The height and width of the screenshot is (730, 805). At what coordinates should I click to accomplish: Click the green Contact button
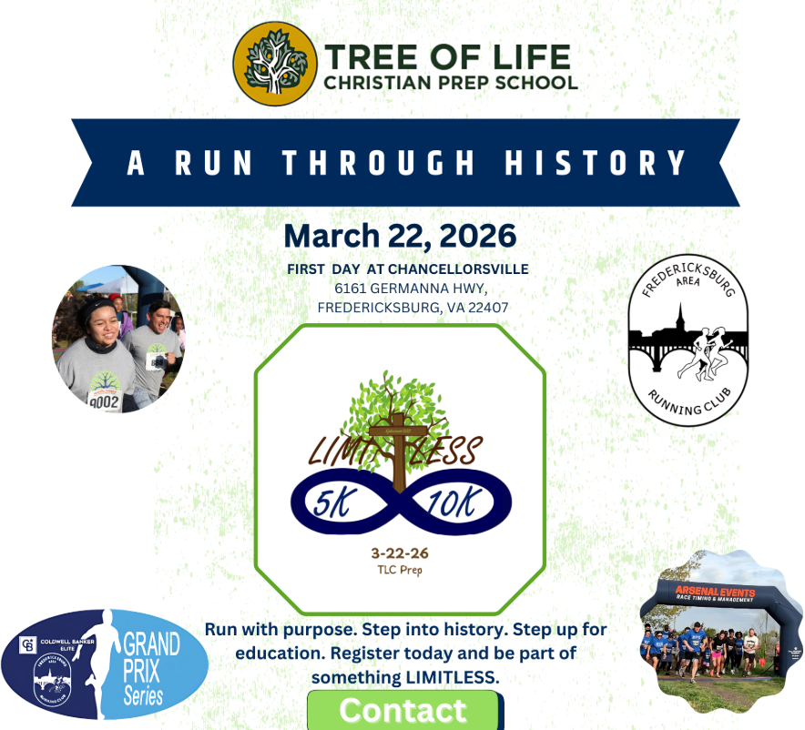402,710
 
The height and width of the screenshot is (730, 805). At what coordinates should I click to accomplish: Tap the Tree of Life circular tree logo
270,63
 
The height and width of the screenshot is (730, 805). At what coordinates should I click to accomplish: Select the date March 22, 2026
400,236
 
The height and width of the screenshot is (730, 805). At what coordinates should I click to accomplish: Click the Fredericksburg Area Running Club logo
688,340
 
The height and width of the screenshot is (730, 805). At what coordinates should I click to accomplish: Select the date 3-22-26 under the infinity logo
400,553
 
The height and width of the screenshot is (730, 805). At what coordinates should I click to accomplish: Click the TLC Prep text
400,570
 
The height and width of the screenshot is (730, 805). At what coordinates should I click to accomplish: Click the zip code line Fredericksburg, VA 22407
413,308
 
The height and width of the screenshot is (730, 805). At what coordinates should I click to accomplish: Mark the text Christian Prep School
451,83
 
